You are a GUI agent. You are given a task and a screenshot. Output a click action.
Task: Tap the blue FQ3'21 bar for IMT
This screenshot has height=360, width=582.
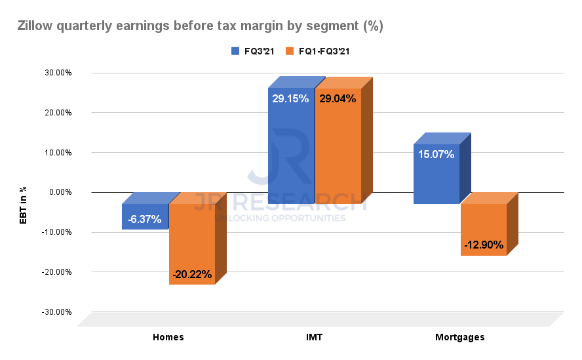click(291, 145)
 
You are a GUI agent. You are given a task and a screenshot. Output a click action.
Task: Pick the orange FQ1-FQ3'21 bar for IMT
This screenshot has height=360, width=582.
click(338, 145)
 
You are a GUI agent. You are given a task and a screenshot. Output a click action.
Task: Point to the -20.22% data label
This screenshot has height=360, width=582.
click(193, 275)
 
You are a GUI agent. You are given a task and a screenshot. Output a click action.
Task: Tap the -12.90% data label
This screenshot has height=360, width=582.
click(484, 245)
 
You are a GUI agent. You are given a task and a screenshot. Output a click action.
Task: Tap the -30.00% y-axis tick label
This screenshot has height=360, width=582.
click(57, 311)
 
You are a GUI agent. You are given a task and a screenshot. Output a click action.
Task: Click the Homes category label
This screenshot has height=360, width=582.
click(168, 337)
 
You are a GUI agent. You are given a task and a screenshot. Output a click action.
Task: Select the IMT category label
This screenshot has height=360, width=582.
click(314, 337)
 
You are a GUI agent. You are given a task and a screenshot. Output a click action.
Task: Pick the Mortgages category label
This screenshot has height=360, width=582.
click(460, 337)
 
